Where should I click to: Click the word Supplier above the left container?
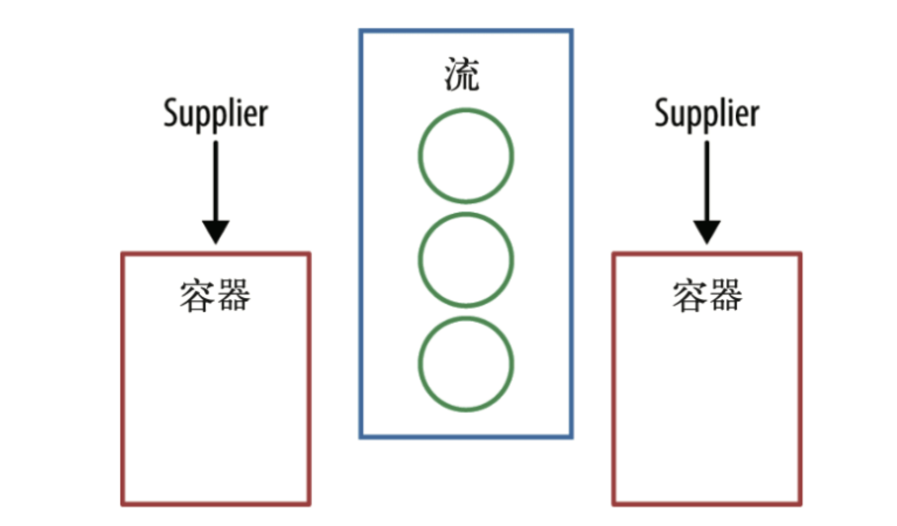(x=215, y=114)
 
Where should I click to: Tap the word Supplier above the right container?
(x=706, y=114)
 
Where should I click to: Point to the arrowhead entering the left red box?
(x=215, y=232)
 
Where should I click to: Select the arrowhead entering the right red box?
(x=706, y=232)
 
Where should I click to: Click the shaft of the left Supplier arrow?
(x=215, y=179)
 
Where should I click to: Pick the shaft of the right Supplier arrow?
(x=706, y=179)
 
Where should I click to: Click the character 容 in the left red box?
(x=197, y=296)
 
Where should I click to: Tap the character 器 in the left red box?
(x=234, y=296)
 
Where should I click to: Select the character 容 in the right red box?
(x=689, y=296)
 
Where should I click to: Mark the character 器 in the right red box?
(x=725, y=296)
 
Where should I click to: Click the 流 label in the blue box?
(x=462, y=74)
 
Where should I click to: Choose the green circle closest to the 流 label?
(x=465, y=156)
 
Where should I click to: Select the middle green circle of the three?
(x=465, y=260)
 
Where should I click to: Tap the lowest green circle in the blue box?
(x=465, y=364)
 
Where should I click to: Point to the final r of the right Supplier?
(x=754, y=115)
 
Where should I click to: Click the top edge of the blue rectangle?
(x=465, y=31)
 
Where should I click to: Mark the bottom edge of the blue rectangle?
(x=465, y=436)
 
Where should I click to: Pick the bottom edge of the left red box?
(x=215, y=504)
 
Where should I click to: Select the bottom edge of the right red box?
(x=706, y=504)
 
